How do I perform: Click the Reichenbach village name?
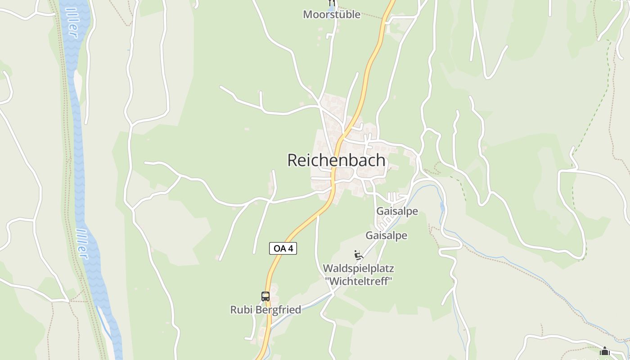(336, 160)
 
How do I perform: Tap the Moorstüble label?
(332, 14)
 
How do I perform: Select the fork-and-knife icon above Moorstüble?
(332, 2)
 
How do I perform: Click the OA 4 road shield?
(283, 248)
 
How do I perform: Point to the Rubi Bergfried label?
(265, 310)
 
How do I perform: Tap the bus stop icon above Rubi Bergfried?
(265, 297)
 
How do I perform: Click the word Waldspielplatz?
(358, 269)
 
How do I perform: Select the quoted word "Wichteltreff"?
(359, 281)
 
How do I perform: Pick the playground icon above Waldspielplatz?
(358, 256)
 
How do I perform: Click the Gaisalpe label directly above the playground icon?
(386, 235)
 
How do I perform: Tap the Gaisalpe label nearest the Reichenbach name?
(397, 211)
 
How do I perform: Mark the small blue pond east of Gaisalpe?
(442, 207)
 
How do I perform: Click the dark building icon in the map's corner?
(604, 351)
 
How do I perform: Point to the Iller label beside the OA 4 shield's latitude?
(81, 243)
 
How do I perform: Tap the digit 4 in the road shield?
(291, 248)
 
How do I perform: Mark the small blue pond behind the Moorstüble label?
(332, 8)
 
